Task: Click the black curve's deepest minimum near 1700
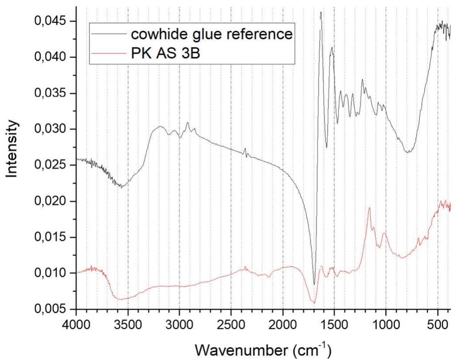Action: pyautogui.click(x=314, y=284)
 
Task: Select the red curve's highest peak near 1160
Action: pyautogui.click(x=369, y=208)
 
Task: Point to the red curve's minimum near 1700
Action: pyautogui.click(x=313, y=302)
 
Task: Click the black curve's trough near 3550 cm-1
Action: pyautogui.click(x=122, y=187)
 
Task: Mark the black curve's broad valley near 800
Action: pyautogui.click(x=408, y=152)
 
